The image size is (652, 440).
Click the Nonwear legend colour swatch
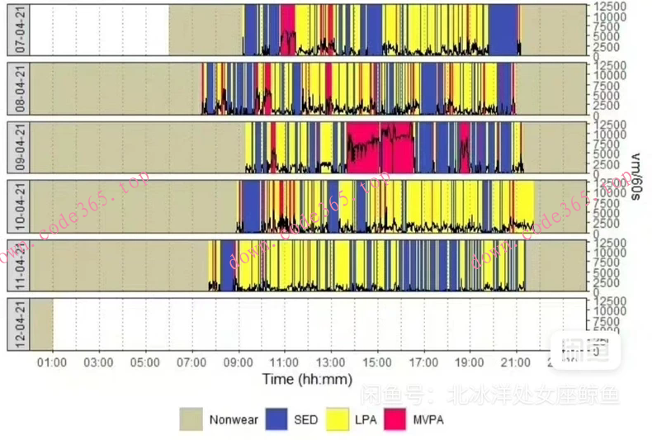pyautogui.click(x=191, y=419)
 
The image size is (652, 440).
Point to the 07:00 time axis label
pyautogui.click(x=192, y=362)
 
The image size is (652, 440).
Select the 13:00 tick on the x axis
pyautogui.click(x=332, y=362)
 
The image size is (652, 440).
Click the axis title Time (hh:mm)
pyautogui.click(x=307, y=379)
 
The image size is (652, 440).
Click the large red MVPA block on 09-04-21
pyautogui.click(x=379, y=147)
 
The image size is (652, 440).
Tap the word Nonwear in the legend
pyautogui.click(x=234, y=419)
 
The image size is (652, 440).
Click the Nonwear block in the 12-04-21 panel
pyautogui.click(x=41, y=324)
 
